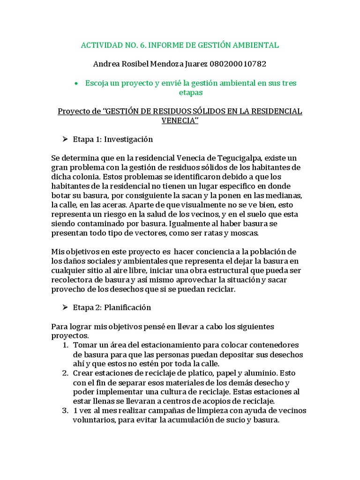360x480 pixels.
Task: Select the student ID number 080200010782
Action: pyautogui.click(x=239, y=63)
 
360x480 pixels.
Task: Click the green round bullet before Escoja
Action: pyautogui.click(x=75, y=83)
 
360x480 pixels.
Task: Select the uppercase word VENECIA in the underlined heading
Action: pyautogui.click(x=179, y=121)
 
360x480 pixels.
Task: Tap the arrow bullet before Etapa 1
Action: pyautogui.click(x=66, y=140)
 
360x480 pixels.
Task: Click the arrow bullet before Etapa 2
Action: pyautogui.click(x=66, y=308)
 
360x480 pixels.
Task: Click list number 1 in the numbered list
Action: pyautogui.click(x=65, y=345)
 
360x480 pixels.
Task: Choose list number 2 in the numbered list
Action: pyautogui.click(x=65, y=373)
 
